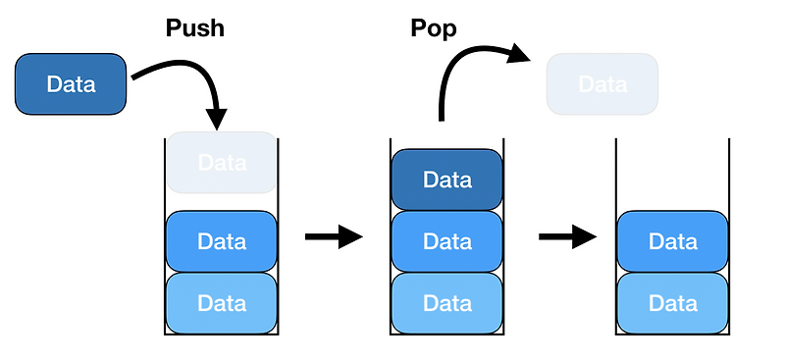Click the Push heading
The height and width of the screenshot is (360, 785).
coord(194,28)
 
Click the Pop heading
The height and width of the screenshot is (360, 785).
coord(433,28)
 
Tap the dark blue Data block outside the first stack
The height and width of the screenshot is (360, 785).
coord(71,84)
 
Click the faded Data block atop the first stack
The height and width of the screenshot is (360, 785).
coord(222,162)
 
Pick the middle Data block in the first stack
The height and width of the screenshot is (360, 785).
coord(222,241)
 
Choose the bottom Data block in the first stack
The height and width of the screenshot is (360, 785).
coord(222,303)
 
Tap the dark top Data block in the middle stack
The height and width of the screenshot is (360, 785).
coord(447,180)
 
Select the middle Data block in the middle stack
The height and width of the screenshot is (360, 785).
coord(447,241)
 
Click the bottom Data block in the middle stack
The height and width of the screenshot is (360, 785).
coord(447,303)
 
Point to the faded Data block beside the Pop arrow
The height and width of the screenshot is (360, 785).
coord(602,84)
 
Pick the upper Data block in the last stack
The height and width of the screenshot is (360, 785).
coord(672,241)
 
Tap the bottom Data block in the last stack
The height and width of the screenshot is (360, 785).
coord(672,303)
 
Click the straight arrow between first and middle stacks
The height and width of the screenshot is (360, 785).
coord(334,236)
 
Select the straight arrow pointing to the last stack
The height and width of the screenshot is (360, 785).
coord(568,236)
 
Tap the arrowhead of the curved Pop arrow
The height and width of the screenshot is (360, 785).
coord(519,53)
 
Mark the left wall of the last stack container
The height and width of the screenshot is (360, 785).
coord(616,236)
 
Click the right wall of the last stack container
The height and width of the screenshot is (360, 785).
coord(729,236)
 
